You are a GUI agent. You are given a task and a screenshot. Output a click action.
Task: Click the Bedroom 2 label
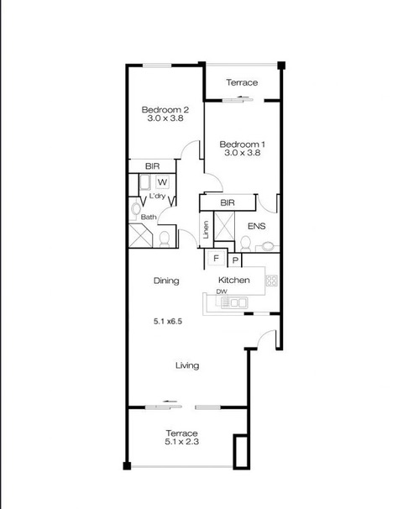pos(165,110)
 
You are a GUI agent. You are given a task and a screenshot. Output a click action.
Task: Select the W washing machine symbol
pos(163,182)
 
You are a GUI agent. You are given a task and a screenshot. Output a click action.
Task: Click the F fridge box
pos(216,259)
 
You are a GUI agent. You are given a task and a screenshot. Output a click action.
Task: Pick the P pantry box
pos(236,260)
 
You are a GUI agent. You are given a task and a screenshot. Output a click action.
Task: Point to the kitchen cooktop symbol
pos(271,281)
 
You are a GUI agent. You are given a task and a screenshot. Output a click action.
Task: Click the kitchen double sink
pos(234,303)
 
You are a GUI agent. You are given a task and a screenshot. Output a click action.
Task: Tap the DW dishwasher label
pos(222,291)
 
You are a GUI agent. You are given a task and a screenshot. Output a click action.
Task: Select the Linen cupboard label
pos(206,230)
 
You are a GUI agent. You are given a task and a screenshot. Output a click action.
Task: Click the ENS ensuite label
pos(256,226)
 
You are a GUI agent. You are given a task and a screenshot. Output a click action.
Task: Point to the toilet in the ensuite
pos(245,244)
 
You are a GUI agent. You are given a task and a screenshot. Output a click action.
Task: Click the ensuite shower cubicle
pos(224,226)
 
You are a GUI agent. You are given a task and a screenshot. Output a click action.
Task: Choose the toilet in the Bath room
pos(165,239)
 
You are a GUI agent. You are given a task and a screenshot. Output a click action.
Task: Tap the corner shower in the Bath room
pos(140,235)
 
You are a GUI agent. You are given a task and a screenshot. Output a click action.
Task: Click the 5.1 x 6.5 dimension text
pos(167,322)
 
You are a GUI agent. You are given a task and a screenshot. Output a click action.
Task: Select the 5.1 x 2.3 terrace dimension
pos(181,442)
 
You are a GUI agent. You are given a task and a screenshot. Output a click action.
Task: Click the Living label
pos(187,365)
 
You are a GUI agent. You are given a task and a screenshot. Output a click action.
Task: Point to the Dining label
pos(166,281)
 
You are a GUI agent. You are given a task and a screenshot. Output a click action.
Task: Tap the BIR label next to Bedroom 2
pos(152,166)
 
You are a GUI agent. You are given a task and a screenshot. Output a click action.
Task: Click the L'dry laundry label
pos(157,196)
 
